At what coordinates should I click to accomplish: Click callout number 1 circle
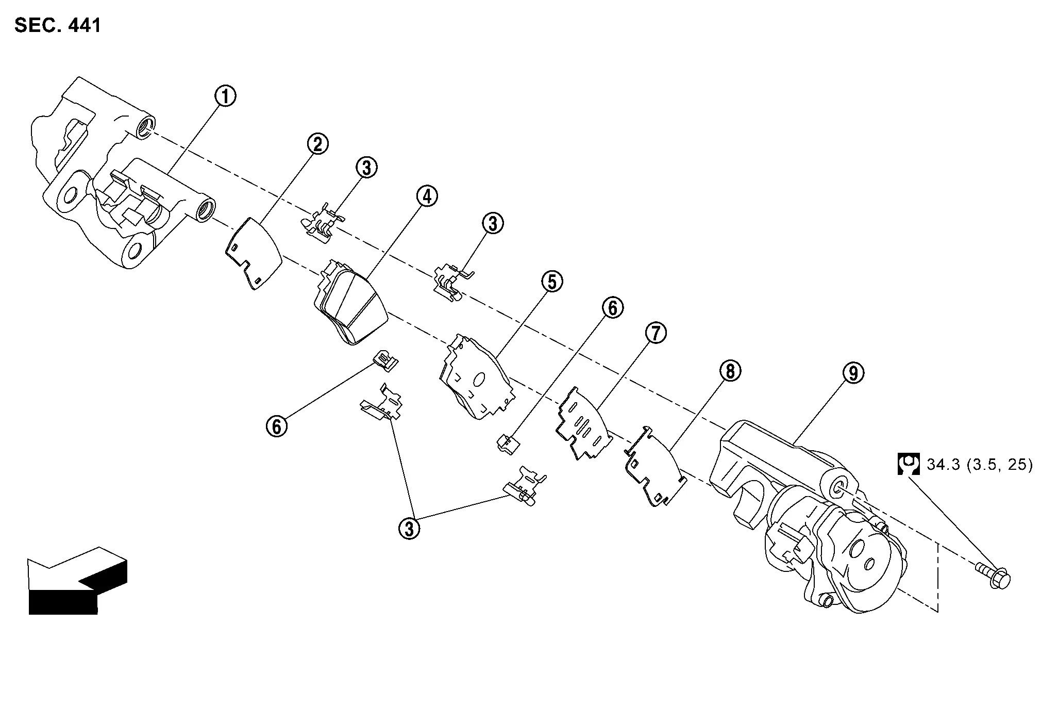click(226, 96)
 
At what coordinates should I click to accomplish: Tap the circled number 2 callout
click(318, 144)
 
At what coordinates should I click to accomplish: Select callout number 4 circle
click(427, 196)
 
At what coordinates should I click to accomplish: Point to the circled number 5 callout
click(552, 282)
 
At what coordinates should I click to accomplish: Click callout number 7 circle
click(656, 334)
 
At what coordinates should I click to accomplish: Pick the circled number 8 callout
click(731, 371)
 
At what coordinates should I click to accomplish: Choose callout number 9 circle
click(853, 373)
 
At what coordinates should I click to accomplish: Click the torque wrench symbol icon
click(909, 464)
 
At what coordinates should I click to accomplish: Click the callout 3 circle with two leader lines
click(409, 529)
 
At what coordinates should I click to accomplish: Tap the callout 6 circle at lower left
click(277, 426)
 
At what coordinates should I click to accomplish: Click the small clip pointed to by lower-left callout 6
click(385, 360)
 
